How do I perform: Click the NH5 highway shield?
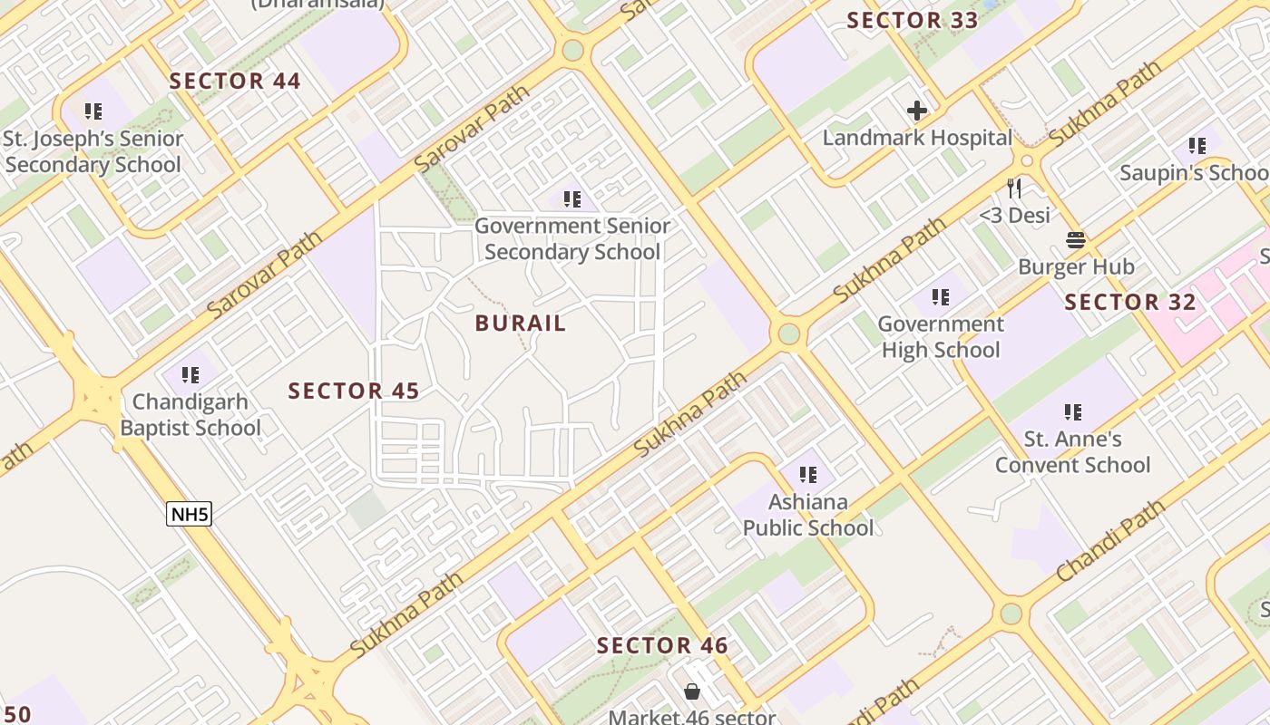pyautogui.click(x=190, y=515)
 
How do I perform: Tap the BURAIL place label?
pyautogui.click(x=521, y=324)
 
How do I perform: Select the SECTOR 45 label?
pyautogui.click(x=354, y=391)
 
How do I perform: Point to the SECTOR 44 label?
pyautogui.click(x=235, y=81)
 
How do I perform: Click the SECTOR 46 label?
pyautogui.click(x=662, y=646)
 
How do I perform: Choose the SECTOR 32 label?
pyautogui.click(x=1130, y=303)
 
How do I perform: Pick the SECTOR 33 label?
pyautogui.click(x=913, y=20)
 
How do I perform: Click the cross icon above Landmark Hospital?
pyautogui.click(x=917, y=111)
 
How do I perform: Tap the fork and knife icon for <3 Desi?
pyautogui.click(x=1014, y=188)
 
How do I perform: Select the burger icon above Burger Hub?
pyautogui.click(x=1076, y=241)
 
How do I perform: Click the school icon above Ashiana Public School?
pyautogui.click(x=808, y=474)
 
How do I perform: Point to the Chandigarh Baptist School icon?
pyautogui.click(x=190, y=375)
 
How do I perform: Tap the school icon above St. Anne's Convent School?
pyautogui.click(x=1073, y=412)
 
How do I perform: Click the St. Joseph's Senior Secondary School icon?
pyautogui.click(x=93, y=111)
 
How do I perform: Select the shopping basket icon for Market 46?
pyautogui.click(x=692, y=692)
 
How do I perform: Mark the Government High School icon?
pyautogui.click(x=941, y=296)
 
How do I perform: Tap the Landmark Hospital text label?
pyautogui.click(x=917, y=139)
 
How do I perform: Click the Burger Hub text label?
pyautogui.click(x=1076, y=267)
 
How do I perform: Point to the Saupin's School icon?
pyautogui.click(x=1197, y=145)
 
